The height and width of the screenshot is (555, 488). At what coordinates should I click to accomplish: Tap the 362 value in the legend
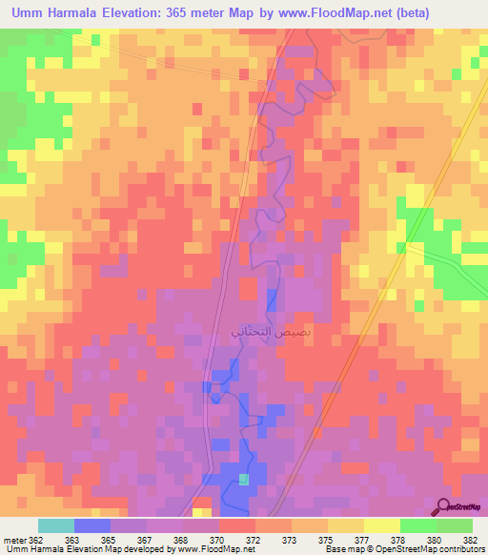[28, 541]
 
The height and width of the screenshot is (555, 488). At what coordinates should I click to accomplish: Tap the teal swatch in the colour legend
[56, 525]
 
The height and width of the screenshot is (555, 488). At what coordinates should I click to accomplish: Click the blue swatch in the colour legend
[92, 525]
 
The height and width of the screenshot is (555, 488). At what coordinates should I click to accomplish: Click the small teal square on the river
[244, 479]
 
